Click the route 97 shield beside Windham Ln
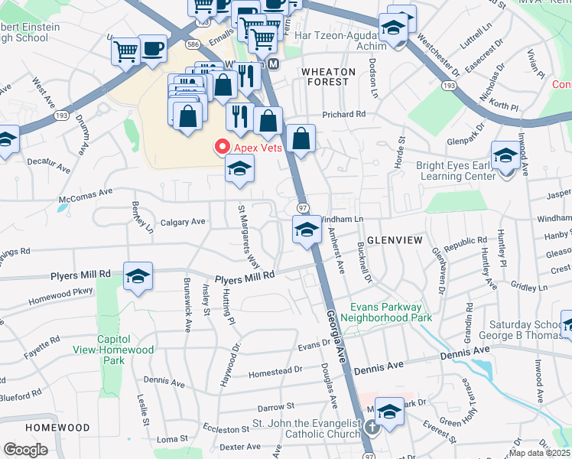303,209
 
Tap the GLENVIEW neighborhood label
395,240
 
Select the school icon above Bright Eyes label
505,156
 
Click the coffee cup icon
153,48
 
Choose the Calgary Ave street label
183,223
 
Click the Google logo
25,450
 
